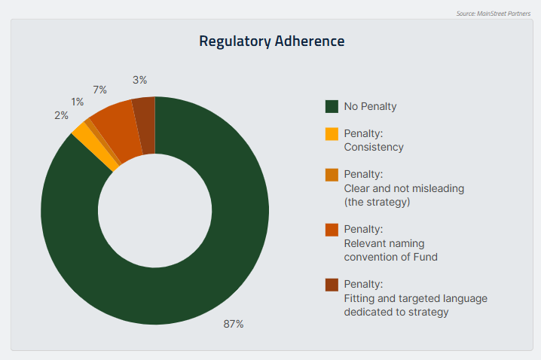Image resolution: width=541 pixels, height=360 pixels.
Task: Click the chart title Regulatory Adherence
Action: [x=271, y=41]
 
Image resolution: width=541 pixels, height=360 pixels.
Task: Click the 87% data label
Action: [x=234, y=324]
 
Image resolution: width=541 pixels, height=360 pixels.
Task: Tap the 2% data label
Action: [x=62, y=115]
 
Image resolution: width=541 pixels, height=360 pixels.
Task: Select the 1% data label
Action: [x=78, y=102]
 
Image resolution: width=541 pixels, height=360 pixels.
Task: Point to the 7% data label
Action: [x=99, y=90]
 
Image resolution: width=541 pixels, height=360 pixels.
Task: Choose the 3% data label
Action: [x=139, y=80]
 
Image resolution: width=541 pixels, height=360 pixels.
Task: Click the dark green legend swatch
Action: [x=332, y=106]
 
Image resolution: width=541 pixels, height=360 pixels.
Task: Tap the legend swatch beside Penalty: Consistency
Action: [x=332, y=134]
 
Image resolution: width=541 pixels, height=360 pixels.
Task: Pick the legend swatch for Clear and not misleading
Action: [x=332, y=175]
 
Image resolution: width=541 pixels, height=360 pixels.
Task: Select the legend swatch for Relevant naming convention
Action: [x=332, y=230]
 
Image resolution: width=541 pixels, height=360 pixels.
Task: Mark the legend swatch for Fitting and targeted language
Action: [x=332, y=285]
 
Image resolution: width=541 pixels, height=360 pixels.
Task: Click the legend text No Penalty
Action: [x=370, y=106]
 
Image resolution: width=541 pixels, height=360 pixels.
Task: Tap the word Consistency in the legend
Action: [x=374, y=148]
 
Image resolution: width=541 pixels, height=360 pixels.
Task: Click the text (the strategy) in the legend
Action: [x=377, y=202]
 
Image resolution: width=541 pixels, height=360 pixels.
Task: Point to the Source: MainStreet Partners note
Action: [x=494, y=14]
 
